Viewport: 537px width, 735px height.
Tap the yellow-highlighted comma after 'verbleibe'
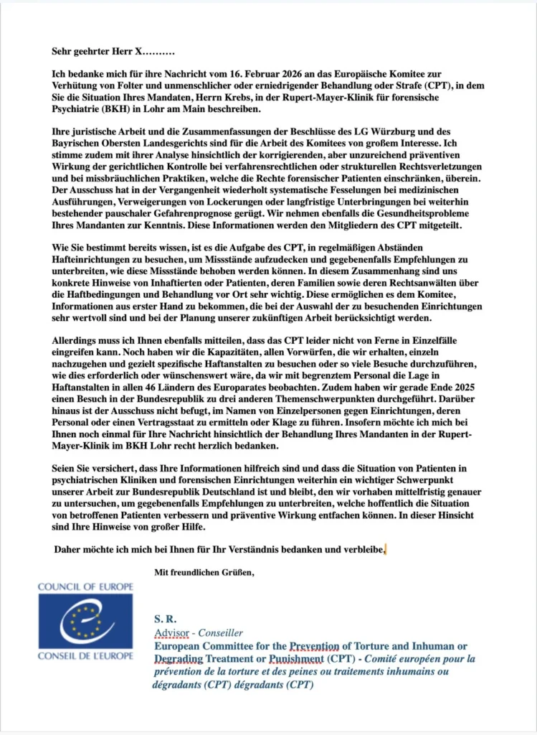click(x=385, y=550)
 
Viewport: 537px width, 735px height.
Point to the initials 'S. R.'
click(x=166, y=618)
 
